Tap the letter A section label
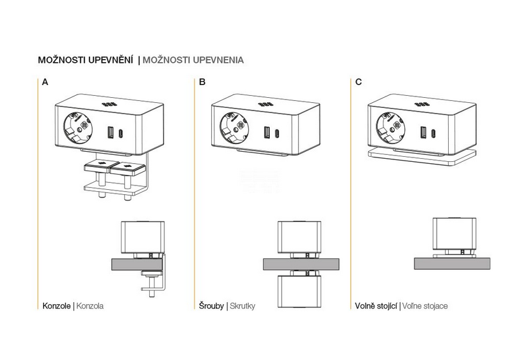click(x=45, y=82)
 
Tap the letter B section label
click(x=202, y=82)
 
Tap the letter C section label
click(x=359, y=82)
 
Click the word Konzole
click(x=57, y=306)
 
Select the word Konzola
click(x=90, y=306)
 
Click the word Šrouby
click(x=211, y=306)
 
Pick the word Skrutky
click(x=242, y=306)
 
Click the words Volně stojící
click(x=376, y=306)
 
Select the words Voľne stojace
click(x=425, y=306)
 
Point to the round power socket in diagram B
click(x=235, y=127)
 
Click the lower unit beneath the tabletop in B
click(x=298, y=294)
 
